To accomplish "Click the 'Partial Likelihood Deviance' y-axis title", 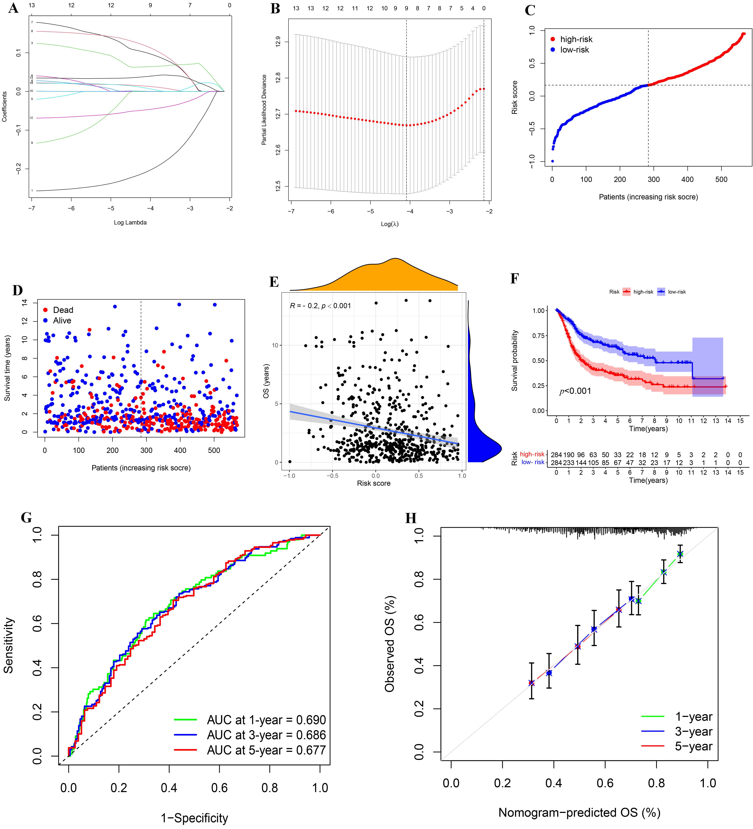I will [x=264, y=110].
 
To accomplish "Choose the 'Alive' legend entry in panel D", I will [x=62, y=320].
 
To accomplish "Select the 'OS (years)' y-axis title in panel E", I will [x=266, y=381].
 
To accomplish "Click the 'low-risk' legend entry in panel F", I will [x=676, y=292].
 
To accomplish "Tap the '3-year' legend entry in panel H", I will [x=693, y=731].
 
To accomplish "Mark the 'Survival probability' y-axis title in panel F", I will [x=514, y=361].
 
